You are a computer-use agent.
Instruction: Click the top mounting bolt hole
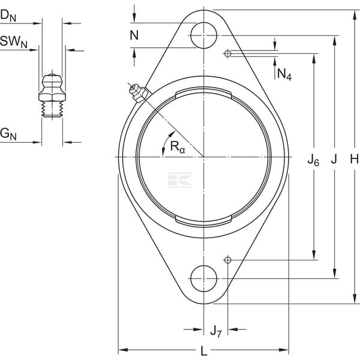(x=204, y=35)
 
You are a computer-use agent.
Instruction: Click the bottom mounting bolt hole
(x=204, y=278)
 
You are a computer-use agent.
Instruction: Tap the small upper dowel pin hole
(x=227, y=53)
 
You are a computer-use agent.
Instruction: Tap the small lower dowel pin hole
(x=227, y=260)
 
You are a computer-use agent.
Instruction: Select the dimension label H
(x=355, y=158)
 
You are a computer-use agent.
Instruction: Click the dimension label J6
(x=313, y=160)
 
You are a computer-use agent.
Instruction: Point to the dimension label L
(x=203, y=351)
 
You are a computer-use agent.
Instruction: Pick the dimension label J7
(x=216, y=331)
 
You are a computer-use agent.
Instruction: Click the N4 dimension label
(x=284, y=74)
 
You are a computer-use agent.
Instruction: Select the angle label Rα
(x=178, y=147)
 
